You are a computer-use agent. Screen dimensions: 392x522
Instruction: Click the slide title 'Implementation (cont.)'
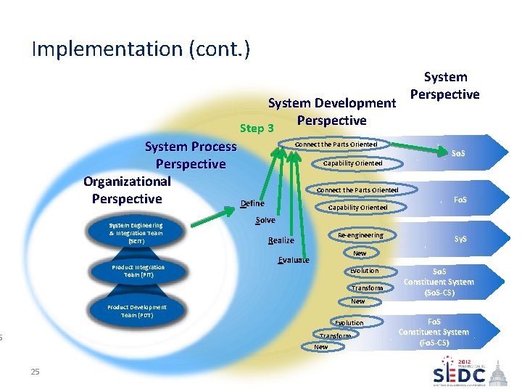[141, 49]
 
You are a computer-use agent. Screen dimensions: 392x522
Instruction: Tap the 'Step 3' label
[257, 128]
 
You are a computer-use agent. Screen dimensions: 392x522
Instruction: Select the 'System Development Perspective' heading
[332, 112]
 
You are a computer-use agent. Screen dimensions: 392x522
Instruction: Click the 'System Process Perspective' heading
[191, 155]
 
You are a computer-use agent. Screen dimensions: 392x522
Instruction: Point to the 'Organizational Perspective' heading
[127, 190]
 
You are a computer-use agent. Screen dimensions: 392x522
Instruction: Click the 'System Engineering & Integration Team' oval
[136, 233]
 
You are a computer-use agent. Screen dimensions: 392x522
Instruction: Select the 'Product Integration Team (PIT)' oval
[138, 271]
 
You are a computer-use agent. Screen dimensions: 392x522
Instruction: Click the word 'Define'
[252, 203]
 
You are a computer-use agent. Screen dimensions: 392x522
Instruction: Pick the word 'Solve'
[265, 220]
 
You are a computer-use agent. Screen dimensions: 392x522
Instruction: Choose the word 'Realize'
[281, 240]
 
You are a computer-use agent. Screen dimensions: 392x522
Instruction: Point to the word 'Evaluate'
[294, 260]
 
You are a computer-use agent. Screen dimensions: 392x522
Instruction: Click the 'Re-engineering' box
[360, 235]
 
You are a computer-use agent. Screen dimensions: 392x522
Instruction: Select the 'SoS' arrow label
[458, 154]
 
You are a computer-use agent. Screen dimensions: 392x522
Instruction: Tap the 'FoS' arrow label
[460, 199]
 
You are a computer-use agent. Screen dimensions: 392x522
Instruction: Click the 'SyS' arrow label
[460, 238]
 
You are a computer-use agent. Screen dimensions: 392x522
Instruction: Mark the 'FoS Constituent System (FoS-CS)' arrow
[434, 332]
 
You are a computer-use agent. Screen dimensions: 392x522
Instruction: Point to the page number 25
[35, 372]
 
